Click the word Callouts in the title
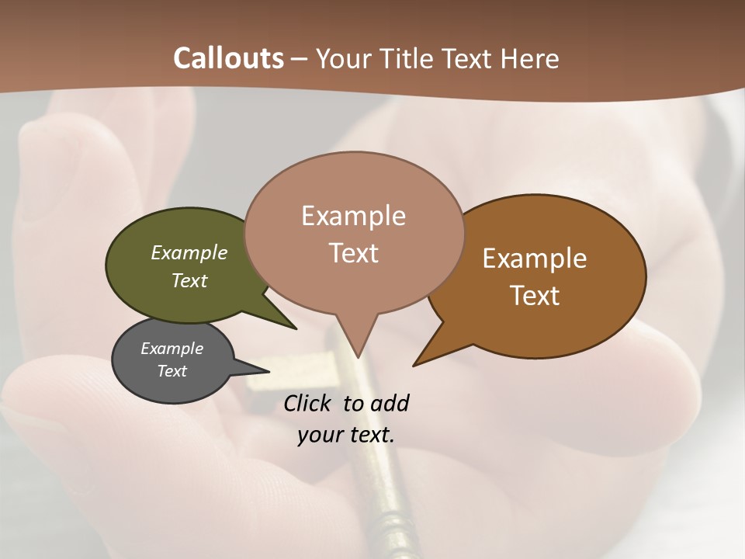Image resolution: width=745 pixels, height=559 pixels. (228, 58)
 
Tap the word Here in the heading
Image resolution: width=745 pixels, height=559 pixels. (528, 59)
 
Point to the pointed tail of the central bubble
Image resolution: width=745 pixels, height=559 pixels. (357, 353)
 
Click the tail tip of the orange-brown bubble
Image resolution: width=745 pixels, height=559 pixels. (415, 364)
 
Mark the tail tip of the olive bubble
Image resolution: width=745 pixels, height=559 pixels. (295, 328)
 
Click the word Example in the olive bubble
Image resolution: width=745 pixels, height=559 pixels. (189, 253)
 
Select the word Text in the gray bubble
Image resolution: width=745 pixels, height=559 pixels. (172, 371)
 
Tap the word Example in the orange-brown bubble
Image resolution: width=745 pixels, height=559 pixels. (535, 259)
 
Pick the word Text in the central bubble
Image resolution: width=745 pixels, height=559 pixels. (354, 253)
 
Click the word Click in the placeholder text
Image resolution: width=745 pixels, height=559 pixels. (307, 403)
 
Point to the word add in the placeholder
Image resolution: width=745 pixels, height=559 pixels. (390, 403)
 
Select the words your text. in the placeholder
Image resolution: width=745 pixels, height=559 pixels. (346, 435)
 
